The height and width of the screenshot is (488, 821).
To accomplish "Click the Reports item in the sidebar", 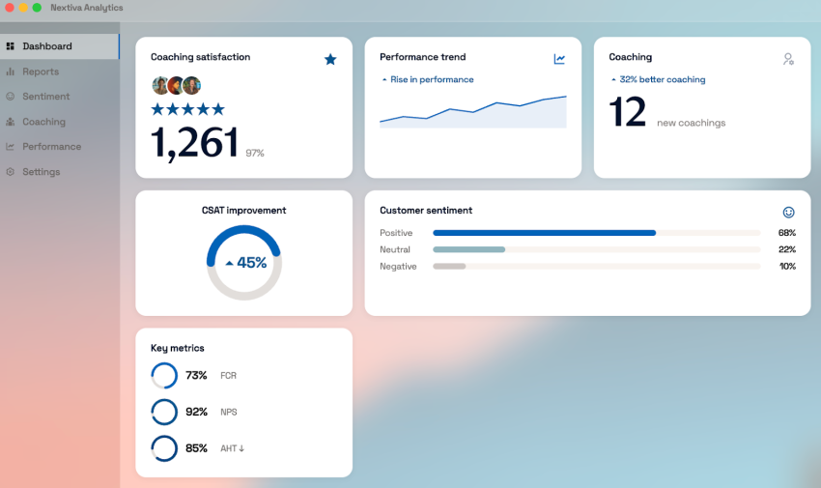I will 41,72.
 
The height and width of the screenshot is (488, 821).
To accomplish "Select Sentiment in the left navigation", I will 45,97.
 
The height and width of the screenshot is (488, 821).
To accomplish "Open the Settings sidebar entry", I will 41,172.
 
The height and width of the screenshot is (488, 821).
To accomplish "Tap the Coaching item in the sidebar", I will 43,122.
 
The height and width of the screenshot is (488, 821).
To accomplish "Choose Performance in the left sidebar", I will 51,147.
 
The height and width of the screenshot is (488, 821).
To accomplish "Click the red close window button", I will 8,8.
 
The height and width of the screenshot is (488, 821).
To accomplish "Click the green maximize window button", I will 37,8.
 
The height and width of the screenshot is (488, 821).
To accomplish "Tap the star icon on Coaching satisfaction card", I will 330,59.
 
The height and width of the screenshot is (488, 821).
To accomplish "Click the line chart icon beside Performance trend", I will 559,59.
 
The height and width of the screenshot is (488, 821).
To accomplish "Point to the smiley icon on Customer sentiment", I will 788,212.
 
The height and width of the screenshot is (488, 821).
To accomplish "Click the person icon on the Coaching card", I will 788,59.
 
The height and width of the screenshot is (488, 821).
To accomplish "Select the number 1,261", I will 194,143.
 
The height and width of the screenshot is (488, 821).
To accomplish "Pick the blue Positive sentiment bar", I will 544,233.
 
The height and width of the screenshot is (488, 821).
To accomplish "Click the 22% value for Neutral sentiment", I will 786,249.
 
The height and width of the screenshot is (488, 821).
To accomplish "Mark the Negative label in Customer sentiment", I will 398,267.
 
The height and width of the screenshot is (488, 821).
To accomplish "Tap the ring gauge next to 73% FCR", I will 164,376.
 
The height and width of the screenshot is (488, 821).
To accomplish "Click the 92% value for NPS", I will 196,412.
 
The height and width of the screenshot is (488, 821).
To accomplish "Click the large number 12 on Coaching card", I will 628,113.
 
